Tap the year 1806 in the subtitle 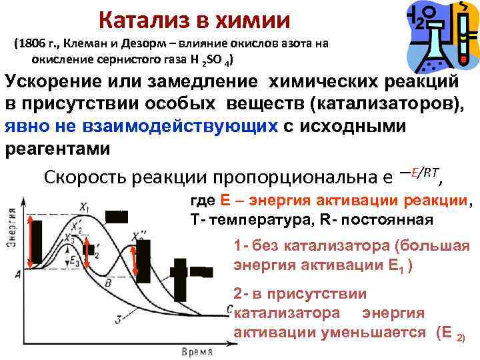click(33, 44)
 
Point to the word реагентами click(58, 149)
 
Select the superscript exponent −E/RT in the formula click(421, 173)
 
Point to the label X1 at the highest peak click(85, 205)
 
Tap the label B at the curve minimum click(107, 283)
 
